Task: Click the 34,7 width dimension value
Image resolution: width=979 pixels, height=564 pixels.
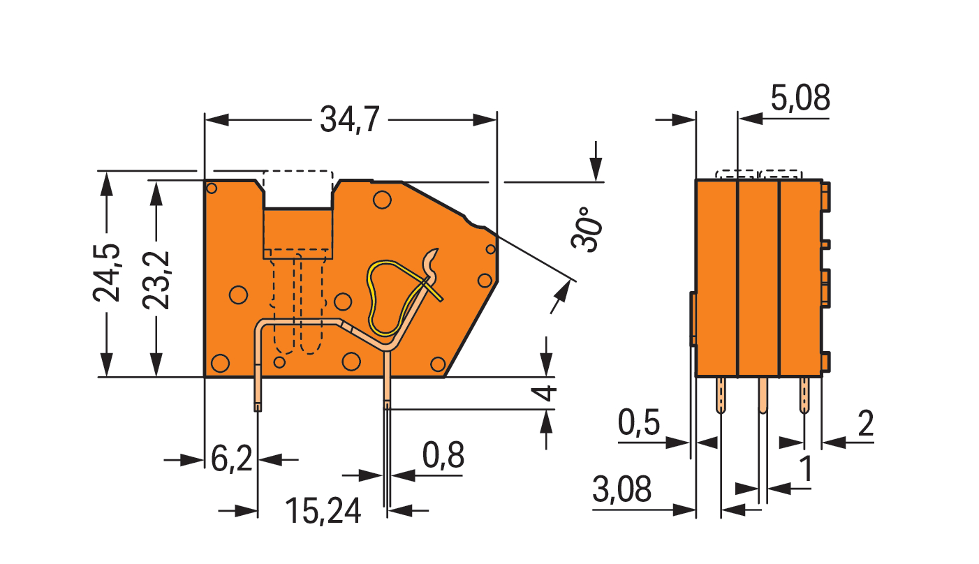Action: tap(349, 119)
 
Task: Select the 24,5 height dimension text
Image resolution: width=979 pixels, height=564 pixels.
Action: tap(107, 273)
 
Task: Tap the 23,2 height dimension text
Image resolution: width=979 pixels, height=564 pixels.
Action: tap(156, 280)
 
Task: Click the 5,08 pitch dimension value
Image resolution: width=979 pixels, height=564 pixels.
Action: tap(800, 98)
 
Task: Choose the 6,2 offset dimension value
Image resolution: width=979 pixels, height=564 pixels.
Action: tap(232, 459)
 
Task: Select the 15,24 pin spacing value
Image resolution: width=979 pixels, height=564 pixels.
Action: tap(323, 511)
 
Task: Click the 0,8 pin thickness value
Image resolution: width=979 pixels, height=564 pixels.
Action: tap(443, 455)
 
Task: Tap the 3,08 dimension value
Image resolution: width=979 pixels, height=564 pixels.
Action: tap(621, 489)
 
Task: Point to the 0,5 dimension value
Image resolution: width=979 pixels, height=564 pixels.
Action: tap(638, 422)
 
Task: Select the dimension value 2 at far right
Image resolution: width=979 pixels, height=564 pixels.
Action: tap(866, 423)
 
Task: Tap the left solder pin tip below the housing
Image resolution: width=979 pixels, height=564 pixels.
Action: tap(258, 408)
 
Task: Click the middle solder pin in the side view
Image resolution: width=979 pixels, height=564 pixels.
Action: tap(763, 395)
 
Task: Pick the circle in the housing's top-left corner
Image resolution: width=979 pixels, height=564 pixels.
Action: tap(212, 188)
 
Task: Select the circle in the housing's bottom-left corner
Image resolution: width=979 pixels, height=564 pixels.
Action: tap(220, 363)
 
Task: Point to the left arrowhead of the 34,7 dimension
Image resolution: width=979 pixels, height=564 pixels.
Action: tap(216, 119)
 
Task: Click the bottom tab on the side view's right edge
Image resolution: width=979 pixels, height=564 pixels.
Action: tap(825, 362)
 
